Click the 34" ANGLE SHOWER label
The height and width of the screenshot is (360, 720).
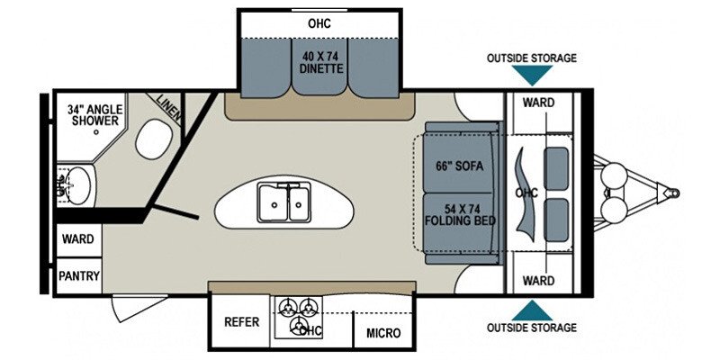click(95, 115)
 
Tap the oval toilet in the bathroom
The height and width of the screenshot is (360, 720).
click(154, 139)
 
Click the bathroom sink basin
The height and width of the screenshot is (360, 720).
click(78, 185)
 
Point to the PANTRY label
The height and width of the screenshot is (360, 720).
click(79, 276)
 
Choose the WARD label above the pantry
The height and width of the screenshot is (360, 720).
click(78, 238)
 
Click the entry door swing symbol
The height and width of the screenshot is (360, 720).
click(139, 308)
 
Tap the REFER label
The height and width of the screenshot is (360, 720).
click(241, 322)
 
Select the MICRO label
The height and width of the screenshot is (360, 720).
click(383, 333)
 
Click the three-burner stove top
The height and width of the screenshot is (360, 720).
click(299, 318)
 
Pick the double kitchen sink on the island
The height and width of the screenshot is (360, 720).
click(283, 202)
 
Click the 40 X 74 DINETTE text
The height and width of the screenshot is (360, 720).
click(321, 63)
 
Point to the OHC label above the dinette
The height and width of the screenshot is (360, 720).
click(319, 23)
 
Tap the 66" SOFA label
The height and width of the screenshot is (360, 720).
click(459, 166)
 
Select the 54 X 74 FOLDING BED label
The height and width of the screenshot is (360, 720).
click(460, 214)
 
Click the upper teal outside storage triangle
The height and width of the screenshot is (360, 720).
click(532, 75)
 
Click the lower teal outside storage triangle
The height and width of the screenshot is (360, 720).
click(532, 310)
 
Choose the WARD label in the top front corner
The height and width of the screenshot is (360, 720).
click(538, 103)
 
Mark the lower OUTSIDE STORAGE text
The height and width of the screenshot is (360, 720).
click(532, 328)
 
